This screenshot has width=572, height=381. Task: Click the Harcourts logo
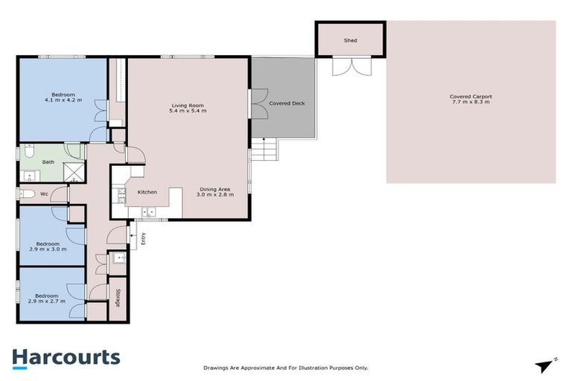tap(66, 357)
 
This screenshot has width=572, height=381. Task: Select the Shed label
tap(350, 39)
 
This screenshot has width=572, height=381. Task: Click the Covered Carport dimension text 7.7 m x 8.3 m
tap(470, 102)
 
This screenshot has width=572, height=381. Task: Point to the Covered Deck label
tap(287, 103)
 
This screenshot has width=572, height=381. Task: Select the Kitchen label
tap(147, 193)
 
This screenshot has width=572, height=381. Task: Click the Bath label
tap(48, 161)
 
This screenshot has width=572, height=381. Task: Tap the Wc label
tap(45, 194)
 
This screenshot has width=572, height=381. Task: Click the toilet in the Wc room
tap(28, 194)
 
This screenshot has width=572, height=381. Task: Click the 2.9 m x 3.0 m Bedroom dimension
tap(48, 249)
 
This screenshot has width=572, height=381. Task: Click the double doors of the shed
tap(349, 65)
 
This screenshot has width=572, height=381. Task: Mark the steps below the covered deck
tap(264, 152)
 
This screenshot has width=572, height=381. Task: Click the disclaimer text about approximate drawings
tap(286, 368)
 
